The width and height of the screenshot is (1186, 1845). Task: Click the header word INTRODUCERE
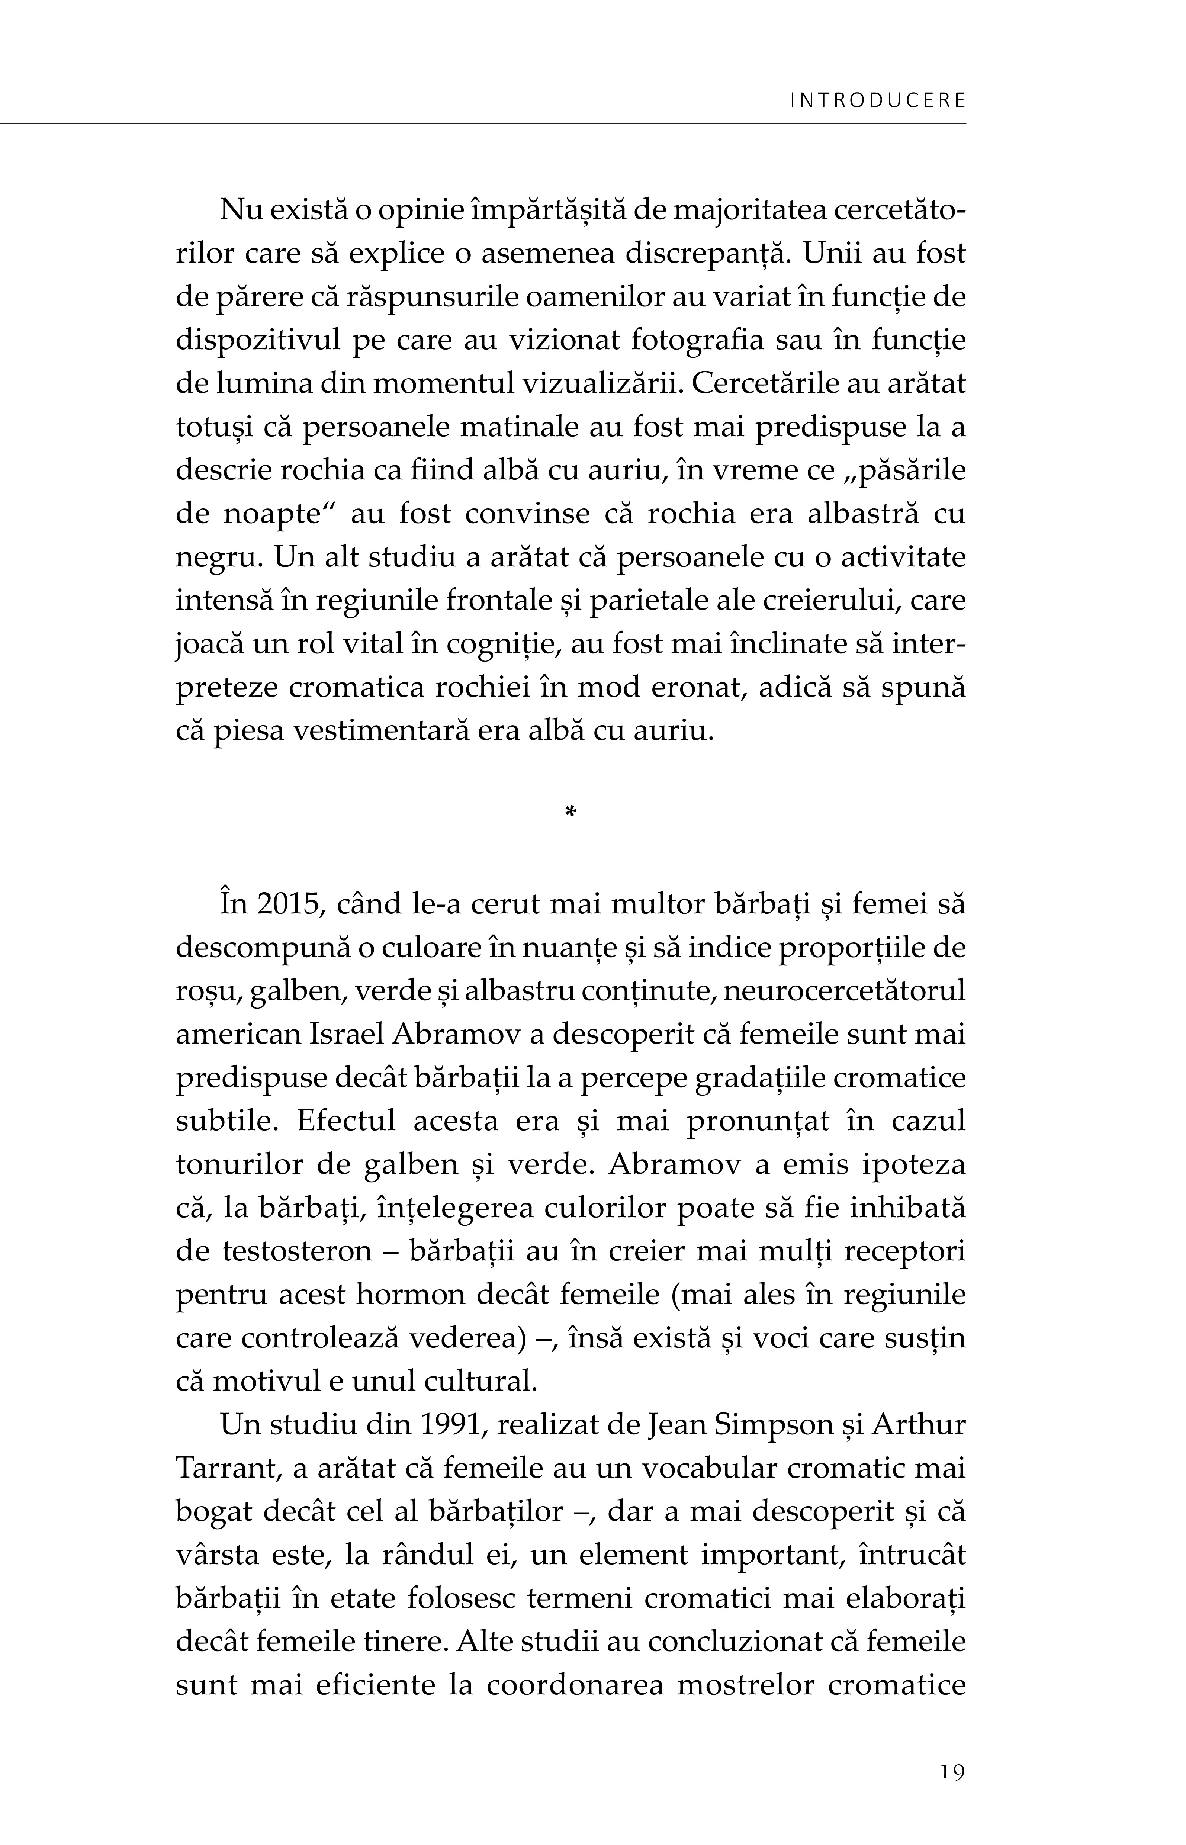[x=878, y=101]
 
